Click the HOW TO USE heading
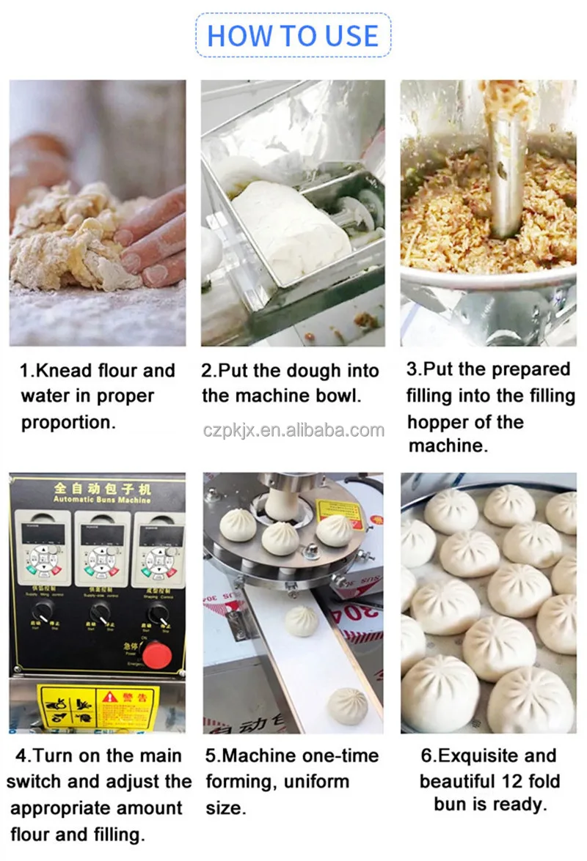pyautogui.click(x=293, y=35)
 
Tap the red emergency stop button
pyautogui.click(x=158, y=654)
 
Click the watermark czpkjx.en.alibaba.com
pyautogui.click(x=293, y=430)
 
